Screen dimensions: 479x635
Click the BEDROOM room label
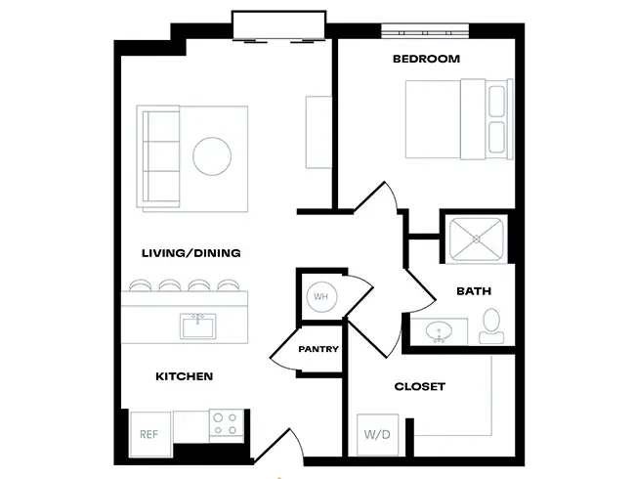point(426,60)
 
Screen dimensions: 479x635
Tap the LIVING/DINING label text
point(190,253)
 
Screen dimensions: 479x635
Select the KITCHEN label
point(184,376)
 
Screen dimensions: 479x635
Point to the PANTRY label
point(318,349)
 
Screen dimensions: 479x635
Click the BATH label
point(474,291)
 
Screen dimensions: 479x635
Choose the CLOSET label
point(419,386)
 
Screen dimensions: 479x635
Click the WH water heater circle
point(320,295)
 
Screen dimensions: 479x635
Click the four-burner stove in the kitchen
point(226,424)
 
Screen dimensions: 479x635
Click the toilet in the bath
point(491,326)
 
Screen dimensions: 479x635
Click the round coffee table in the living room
point(212,156)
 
